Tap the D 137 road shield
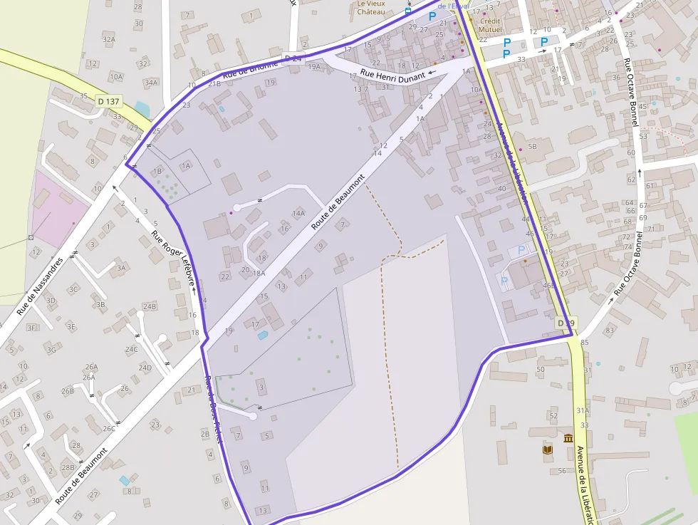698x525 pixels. pos(109,102)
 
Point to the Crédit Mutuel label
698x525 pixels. pos(490,26)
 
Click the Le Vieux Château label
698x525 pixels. pos(370,8)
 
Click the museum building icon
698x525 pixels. pos(568,437)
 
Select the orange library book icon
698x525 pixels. pos(547,449)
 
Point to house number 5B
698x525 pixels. pos(532,147)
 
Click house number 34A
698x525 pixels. pos(151,83)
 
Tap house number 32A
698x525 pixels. pos(108,40)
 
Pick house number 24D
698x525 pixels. pos(145,368)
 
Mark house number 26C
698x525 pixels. pos(109,429)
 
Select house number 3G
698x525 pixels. pos(51,350)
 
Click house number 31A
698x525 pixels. pos(583,410)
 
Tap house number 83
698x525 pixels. pos(610,331)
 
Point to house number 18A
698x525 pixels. pos(259,273)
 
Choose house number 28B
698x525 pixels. pos(68,468)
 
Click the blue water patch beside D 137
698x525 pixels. pos(142,110)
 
